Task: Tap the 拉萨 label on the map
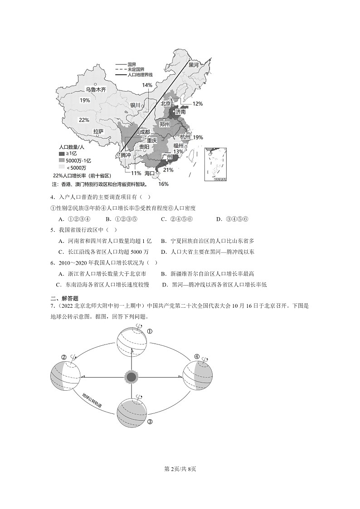(98, 131)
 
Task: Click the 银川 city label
(136, 105)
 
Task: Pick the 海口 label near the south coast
(150, 173)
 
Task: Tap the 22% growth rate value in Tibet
(84, 120)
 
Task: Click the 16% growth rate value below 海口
(163, 184)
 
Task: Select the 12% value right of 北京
(198, 104)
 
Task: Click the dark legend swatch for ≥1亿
(62, 154)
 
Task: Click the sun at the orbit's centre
(131, 376)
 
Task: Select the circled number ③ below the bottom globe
(150, 422)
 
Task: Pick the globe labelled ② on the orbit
(65, 376)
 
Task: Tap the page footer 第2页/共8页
(180, 468)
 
